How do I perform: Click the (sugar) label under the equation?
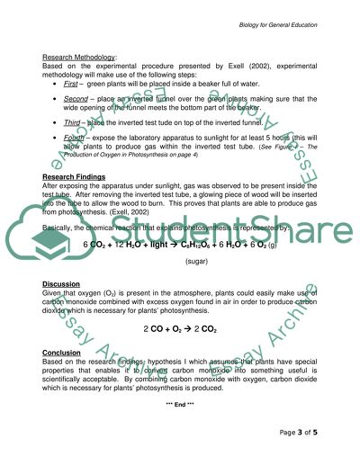(197, 261)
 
